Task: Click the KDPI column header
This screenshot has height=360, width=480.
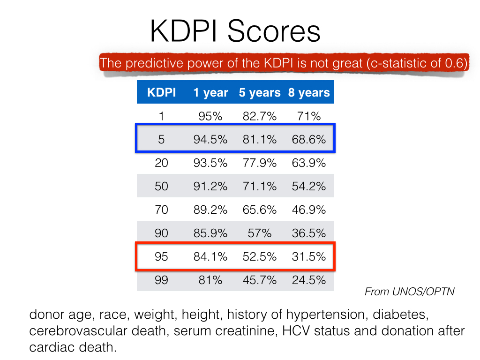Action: click(161, 93)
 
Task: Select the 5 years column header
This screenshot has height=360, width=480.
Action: click(259, 93)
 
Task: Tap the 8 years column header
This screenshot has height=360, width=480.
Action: click(308, 93)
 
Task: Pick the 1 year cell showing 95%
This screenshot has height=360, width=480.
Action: click(210, 116)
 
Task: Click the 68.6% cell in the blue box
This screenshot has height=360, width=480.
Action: click(308, 139)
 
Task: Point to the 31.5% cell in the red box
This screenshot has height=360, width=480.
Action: click(308, 257)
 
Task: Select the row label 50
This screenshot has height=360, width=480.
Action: click(161, 186)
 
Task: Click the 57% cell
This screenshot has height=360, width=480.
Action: click(259, 233)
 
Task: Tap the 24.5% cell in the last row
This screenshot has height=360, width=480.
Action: click(308, 280)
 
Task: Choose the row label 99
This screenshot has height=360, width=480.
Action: click(161, 280)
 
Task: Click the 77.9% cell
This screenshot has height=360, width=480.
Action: click(259, 163)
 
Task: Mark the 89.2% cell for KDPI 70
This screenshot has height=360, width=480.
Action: click(210, 210)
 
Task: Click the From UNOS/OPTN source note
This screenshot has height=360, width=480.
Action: click(409, 292)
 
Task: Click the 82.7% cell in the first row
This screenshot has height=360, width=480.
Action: click(259, 116)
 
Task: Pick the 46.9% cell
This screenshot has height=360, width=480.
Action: click(308, 210)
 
